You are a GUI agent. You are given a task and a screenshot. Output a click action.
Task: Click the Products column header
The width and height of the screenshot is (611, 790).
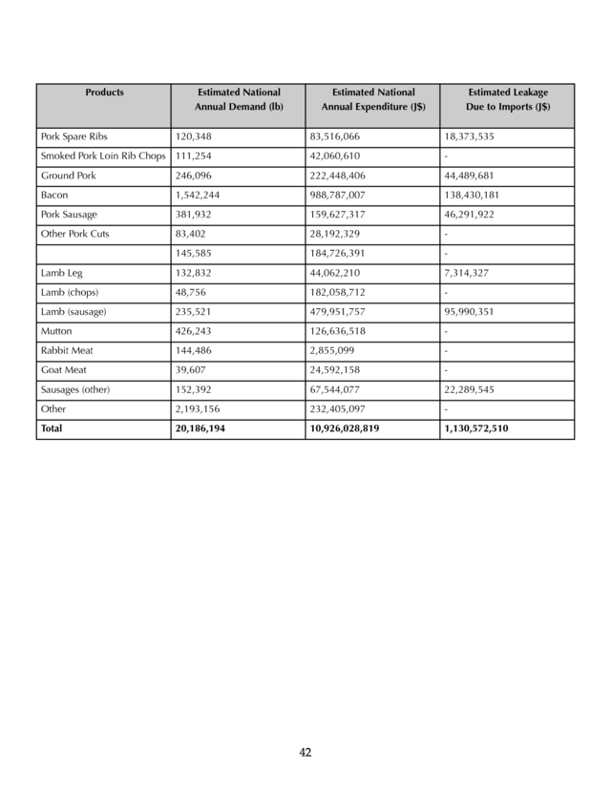(104, 93)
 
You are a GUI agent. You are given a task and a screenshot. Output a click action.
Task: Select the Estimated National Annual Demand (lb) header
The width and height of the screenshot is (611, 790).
(239, 100)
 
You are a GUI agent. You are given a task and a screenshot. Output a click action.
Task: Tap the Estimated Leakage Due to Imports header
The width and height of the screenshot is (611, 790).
(507, 100)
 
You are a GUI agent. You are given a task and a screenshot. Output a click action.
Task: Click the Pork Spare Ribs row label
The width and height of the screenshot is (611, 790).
(74, 137)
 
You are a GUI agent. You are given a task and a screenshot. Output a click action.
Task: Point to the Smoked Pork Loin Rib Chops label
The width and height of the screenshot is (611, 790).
(103, 156)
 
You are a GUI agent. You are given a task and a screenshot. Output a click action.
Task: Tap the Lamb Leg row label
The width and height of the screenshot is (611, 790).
(61, 274)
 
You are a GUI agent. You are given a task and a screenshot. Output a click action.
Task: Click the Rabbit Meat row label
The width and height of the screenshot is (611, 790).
(67, 351)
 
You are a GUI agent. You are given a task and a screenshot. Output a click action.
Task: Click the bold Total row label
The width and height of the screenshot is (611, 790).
(51, 429)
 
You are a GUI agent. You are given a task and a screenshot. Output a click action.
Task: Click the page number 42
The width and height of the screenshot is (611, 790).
(305, 753)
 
